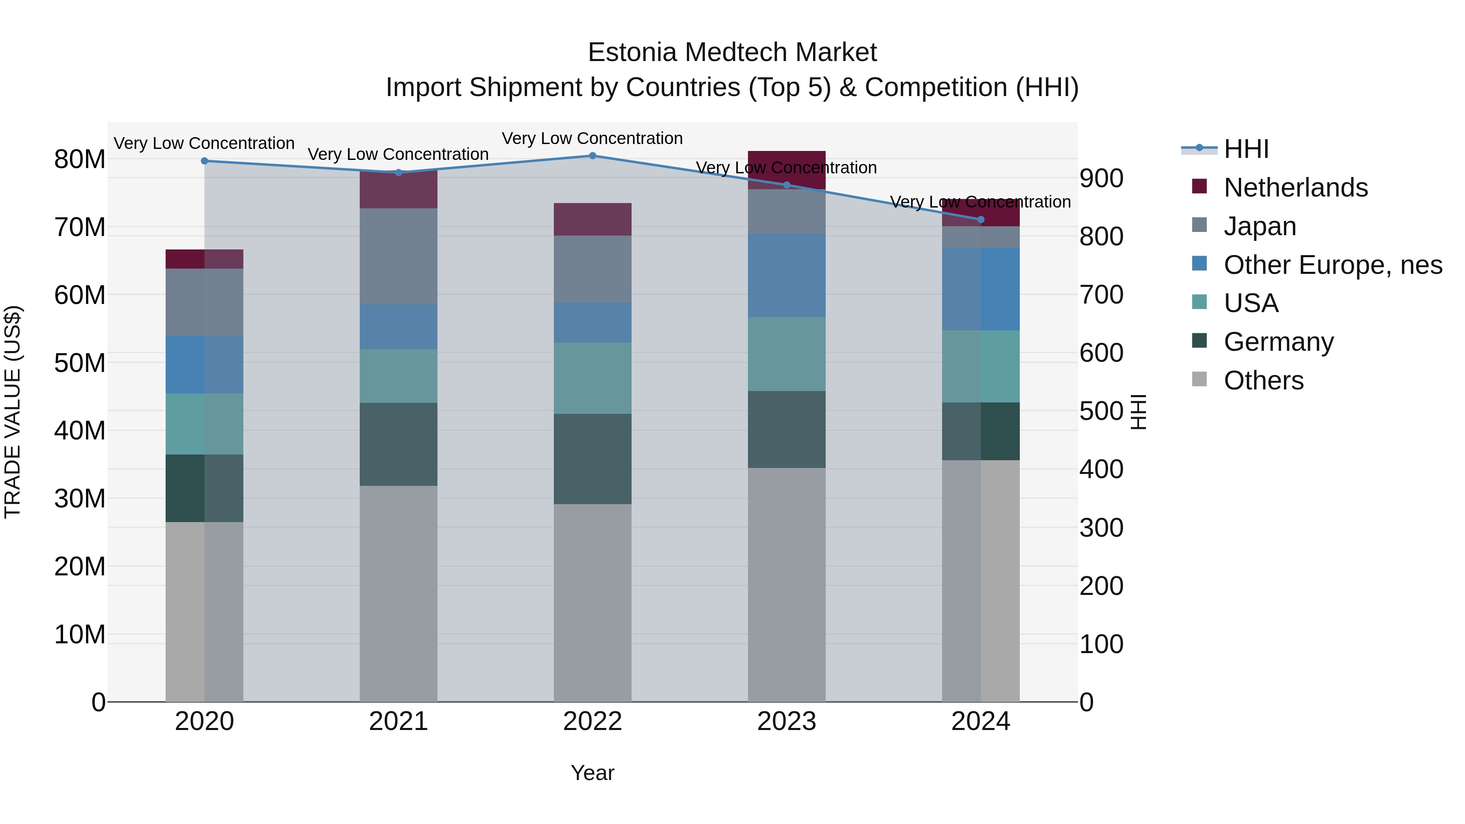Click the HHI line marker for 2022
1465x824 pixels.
click(592, 156)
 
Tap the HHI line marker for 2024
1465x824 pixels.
click(980, 219)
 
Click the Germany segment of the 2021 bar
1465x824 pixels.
click(398, 444)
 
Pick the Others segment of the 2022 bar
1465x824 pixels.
click(592, 603)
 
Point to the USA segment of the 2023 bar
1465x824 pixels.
click(787, 354)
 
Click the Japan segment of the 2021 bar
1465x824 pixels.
click(398, 256)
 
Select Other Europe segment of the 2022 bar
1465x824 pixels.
click(592, 322)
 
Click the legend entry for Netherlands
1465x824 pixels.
click(1295, 188)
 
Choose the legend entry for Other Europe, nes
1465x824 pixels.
click(1332, 265)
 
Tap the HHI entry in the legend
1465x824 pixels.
click(1246, 149)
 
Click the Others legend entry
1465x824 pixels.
click(1263, 380)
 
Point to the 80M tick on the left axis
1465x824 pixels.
click(80, 159)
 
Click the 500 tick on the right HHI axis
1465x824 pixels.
click(1101, 411)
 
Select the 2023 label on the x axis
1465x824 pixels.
click(787, 721)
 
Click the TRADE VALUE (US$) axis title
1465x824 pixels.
click(13, 412)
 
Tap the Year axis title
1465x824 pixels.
click(592, 773)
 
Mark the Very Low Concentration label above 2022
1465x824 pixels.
click(592, 138)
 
